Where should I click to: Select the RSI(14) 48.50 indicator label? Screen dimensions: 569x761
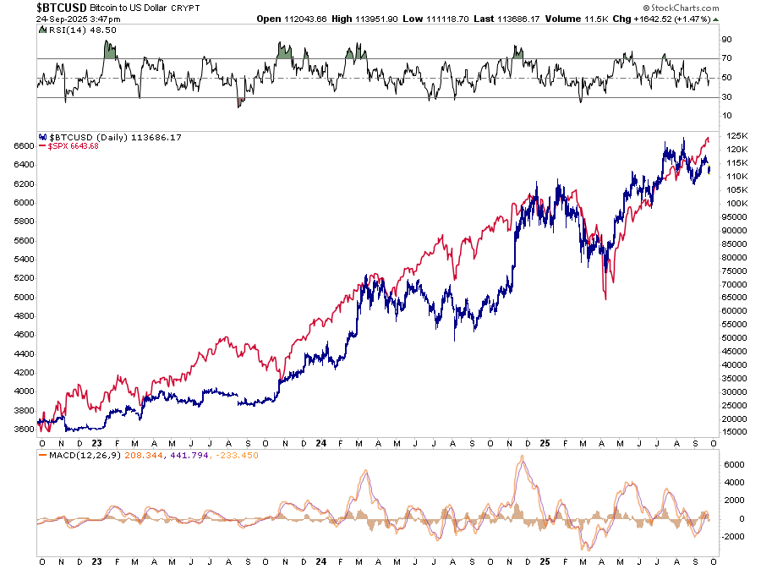click(x=66, y=29)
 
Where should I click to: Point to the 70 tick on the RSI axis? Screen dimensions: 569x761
click(x=725, y=58)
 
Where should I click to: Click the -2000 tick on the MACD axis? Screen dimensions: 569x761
click(x=731, y=537)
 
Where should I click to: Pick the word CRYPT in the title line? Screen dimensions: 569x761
click(x=183, y=8)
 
